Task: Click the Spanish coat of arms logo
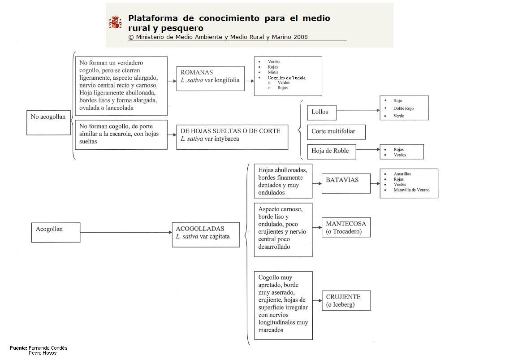[x=115, y=22]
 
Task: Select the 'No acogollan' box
[x=48, y=122]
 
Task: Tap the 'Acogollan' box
[x=56, y=232]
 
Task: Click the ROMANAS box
[x=210, y=78]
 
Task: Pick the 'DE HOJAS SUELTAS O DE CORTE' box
[x=232, y=137]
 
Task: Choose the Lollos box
[x=321, y=112]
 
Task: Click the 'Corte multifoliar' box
[x=336, y=132]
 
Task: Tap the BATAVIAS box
[x=346, y=183]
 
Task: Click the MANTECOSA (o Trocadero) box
[x=346, y=227]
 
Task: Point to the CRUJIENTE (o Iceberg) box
[x=346, y=300]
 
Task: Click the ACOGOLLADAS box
[x=206, y=234]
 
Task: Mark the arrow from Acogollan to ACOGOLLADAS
[x=126, y=232]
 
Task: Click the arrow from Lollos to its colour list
[x=358, y=110]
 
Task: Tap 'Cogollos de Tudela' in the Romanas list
[x=287, y=78]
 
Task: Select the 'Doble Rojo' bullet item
[x=403, y=108]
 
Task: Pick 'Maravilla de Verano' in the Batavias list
[x=411, y=190]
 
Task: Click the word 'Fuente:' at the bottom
[x=19, y=348]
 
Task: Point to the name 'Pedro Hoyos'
[x=43, y=353]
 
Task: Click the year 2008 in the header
[x=301, y=37]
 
